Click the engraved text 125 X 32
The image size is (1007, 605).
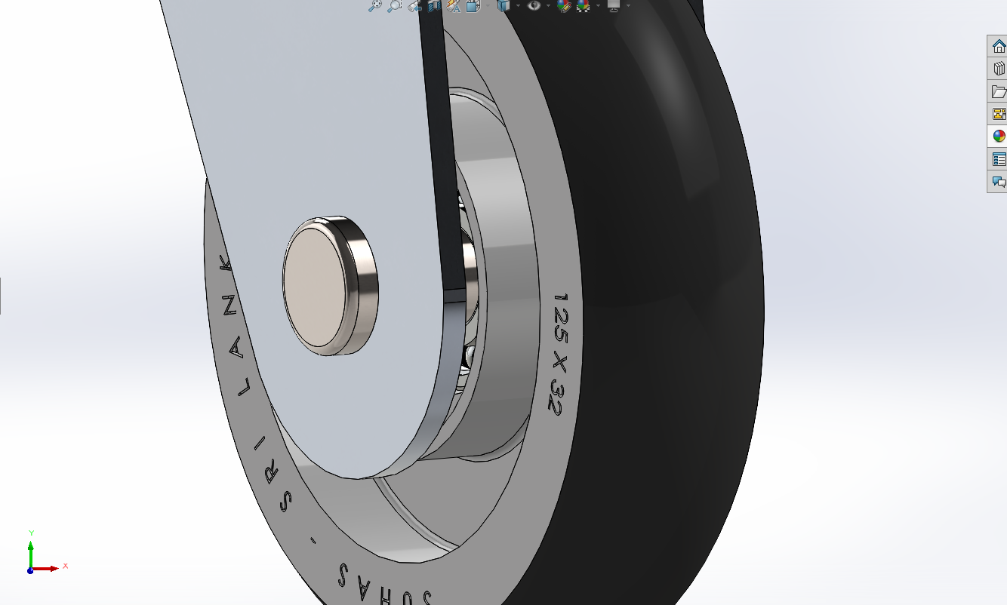(559, 354)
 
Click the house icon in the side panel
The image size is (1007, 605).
(999, 46)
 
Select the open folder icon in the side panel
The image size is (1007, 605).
(999, 92)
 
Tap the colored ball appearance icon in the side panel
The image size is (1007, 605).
(999, 137)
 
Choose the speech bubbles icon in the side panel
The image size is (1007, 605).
(999, 182)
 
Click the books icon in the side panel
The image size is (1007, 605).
(999, 69)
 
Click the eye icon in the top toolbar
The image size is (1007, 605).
(534, 5)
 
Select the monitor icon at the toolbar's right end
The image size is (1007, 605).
(614, 5)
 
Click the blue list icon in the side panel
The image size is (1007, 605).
(999, 159)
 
